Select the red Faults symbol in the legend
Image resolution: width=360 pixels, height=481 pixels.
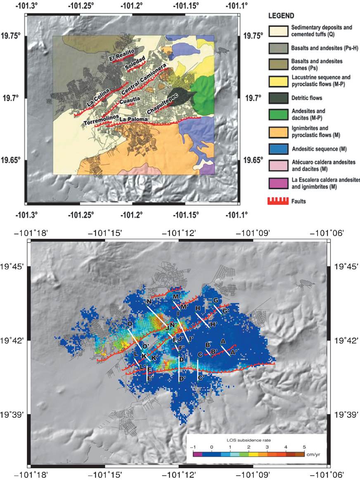click(278, 200)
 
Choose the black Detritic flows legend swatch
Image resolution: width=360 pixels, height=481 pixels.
click(278, 98)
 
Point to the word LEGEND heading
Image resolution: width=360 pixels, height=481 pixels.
click(281, 16)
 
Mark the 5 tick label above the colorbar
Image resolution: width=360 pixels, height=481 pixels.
click(304, 447)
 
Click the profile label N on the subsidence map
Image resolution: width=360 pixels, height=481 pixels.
click(148, 302)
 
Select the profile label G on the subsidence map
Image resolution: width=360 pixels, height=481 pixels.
click(216, 300)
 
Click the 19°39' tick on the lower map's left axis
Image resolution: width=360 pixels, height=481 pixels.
click(13, 414)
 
